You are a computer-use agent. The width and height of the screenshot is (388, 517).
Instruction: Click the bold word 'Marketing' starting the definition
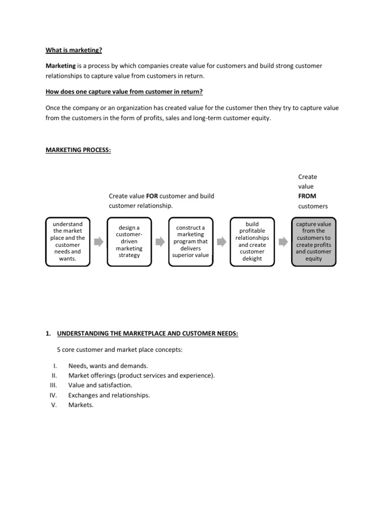61,66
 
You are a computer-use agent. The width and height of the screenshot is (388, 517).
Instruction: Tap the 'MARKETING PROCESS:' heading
78,150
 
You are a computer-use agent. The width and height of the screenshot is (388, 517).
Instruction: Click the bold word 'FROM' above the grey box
307,196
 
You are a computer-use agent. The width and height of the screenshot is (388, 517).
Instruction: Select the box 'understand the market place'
68,241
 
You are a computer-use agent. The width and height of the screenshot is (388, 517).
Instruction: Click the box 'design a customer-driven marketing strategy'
129,241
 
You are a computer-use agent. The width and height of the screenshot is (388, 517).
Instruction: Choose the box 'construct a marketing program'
190,241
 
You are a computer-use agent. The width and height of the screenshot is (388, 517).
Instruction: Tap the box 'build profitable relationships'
252,241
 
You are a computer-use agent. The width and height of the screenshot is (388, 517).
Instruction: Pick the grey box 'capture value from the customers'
313,241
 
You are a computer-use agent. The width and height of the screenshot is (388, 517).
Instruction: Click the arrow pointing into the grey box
283,241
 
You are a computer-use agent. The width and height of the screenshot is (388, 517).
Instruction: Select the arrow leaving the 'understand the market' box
99,241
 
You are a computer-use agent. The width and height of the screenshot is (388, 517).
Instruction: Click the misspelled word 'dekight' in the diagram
252,259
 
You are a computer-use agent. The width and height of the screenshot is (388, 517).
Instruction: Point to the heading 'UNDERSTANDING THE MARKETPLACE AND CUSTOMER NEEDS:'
148,334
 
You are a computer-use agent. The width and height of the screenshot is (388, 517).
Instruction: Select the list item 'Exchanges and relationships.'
109,395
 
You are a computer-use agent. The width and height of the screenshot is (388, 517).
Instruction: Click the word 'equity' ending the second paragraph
262,118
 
